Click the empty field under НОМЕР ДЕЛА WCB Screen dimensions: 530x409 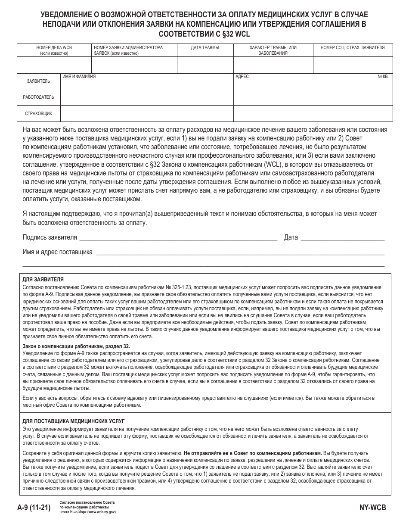[54, 65]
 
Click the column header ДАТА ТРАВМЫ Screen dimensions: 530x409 [205, 48]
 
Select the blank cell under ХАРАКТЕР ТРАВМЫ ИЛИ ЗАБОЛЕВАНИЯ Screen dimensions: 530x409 [273, 65]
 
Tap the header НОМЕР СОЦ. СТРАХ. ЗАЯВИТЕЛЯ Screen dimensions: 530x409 [353, 48]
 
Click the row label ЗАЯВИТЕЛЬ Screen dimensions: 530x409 [38, 81]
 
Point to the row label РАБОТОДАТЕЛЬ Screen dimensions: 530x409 [38, 97]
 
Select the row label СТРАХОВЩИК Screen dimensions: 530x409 [38, 113]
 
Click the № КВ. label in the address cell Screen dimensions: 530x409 [382, 76]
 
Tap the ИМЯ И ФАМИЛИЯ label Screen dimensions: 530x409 [79, 76]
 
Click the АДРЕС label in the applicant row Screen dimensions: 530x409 [242, 76]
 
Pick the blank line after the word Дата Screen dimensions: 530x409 [342, 238]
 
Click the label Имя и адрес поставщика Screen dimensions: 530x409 [57, 253]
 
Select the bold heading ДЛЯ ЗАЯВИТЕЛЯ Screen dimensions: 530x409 [43, 279]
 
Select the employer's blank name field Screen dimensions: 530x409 [146, 97]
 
